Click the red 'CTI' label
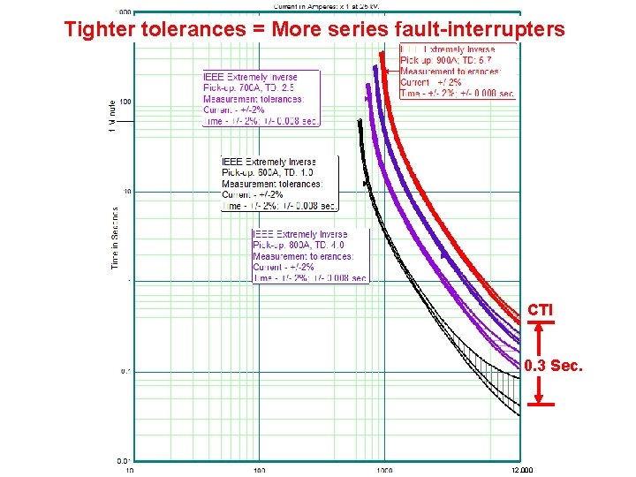tap(540, 310)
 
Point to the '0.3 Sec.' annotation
tap(553, 366)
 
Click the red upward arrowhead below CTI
tap(540, 325)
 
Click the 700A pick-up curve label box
tap(261, 98)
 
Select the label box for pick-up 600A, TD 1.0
tap(279, 184)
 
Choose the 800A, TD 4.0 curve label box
tap(310, 256)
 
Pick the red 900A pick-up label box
tap(458, 71)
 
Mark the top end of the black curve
tap(359, 119)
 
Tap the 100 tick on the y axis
tap(125, 102)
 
